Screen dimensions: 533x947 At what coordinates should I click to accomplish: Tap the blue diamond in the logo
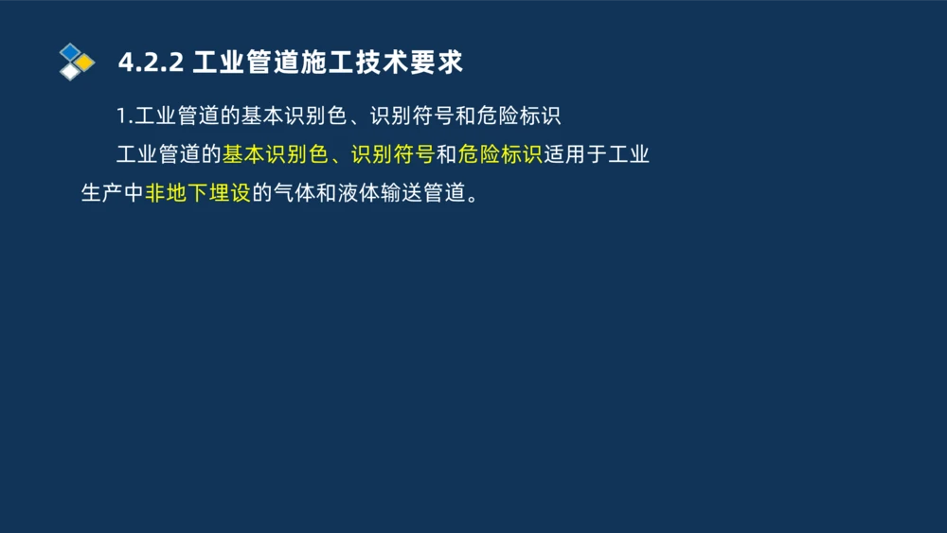tap(69, 51)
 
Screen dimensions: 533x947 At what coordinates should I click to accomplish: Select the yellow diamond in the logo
tap(84, 62)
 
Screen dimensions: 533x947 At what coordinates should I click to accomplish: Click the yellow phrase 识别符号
tap(393, 155)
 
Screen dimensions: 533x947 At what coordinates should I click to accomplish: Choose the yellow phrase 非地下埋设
tap(198, 194)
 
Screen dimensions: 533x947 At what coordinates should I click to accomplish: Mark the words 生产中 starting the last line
tap(112, 194)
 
